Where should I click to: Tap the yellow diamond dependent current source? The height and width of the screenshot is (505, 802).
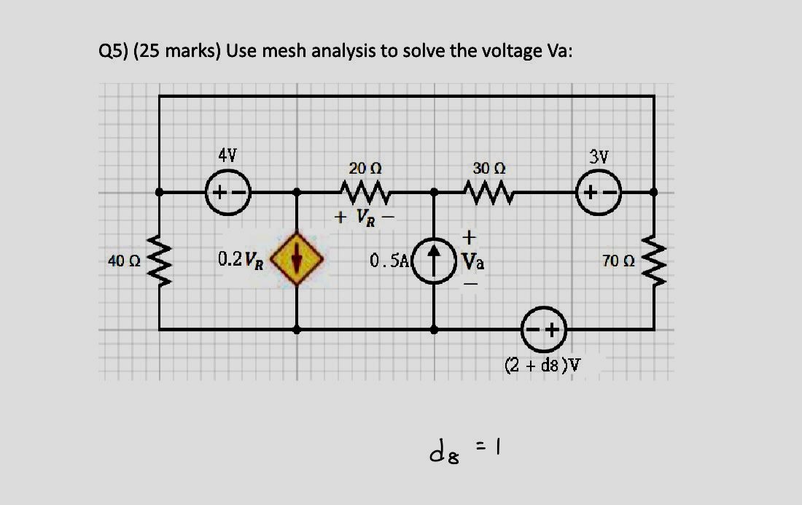click(x=296, y=261)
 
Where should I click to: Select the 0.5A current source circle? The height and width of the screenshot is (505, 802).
click(x=435, y=260)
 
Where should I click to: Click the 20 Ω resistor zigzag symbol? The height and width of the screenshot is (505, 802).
click(x=365, y=193)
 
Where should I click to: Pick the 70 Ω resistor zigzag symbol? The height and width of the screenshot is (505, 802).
click(x=653, y=261)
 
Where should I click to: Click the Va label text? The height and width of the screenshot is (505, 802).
click(x=471, y=261)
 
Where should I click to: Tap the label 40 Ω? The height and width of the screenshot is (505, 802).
click(x=118, y=261)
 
